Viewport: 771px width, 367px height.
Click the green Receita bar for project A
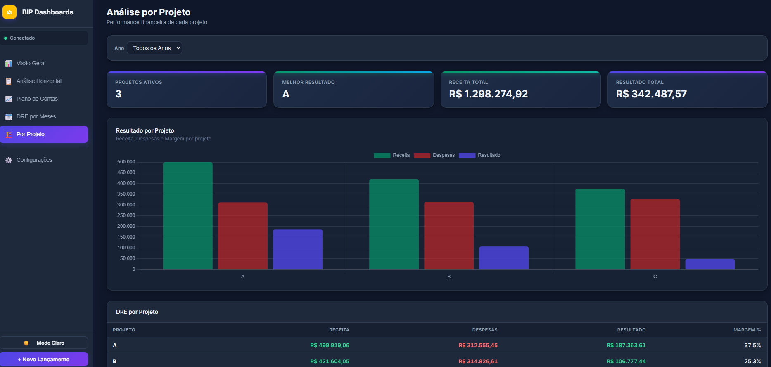pyautogui.click(x=188, y=215)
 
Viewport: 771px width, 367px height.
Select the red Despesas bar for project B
pyautogui.click(x=449, y=235)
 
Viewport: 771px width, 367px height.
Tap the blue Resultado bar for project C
pyautogui.click(x=710, y=264)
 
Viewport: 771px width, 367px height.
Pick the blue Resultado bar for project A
pyautogui.click(x=298, y=249)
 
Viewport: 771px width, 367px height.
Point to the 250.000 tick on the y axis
pyautogui.click(x=126, y=215)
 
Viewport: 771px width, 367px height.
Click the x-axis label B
pyautogui.click(x=449, y=277)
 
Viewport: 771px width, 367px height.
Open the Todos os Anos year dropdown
pyautogui.click(x=154, y=48)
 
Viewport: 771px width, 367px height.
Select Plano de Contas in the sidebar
pyautogui.click(x=37, y=99)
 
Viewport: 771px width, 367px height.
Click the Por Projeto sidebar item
pyautogui.click(x=44, y=134)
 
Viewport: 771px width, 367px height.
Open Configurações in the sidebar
pyautogui.click(x=34, y=160)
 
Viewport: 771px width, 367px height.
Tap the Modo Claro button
pyautogui.click(x=44, y=343)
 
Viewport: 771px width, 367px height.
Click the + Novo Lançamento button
pyautogui.click(x=44, y=359)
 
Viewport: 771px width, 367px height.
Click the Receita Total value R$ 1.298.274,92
pyautogui.click(x=488, y=94)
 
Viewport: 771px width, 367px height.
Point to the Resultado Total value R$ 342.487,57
pyautogui.click(x=651, y=94)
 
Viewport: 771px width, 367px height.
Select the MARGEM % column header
pyautogui.click(x=747, y=330)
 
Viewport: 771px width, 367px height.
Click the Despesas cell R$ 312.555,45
pyautogui.click(x=478, y=345)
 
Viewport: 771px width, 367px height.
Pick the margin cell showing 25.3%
pyautogui.click(x=752, y=361)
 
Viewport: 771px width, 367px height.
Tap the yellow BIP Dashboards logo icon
pyautogui.click(x=9, y=12)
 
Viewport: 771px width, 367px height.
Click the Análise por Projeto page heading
pyautogui.click(x=149, y=12)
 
